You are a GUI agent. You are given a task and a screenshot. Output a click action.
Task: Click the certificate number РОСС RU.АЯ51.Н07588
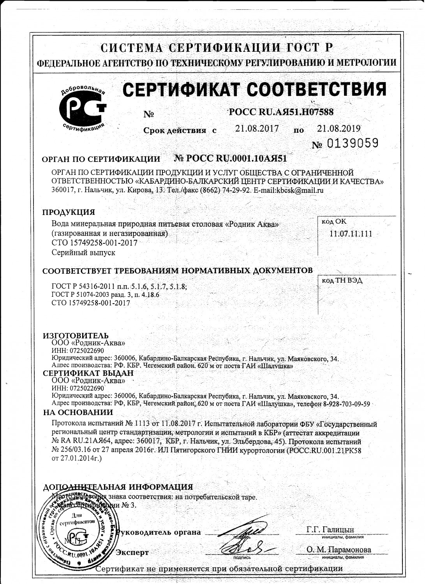(x=281, y=112)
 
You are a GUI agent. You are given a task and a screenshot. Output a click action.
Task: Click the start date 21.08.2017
(x=257, y=128)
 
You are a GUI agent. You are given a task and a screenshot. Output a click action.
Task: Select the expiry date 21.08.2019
(x=339, y=128)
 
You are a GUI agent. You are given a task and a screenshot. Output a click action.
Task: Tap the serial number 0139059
(x=352, y=144)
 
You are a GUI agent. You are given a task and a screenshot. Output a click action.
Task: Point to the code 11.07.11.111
(x=351, y=234)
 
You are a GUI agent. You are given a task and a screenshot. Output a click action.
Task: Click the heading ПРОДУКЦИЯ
(x=69, y=212)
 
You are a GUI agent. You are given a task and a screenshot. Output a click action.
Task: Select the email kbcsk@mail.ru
(x=300, y=190)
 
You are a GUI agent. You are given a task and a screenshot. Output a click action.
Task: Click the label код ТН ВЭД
(x=342, y=280)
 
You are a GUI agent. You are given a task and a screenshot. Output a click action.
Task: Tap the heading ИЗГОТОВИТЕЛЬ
(x=76, y=336)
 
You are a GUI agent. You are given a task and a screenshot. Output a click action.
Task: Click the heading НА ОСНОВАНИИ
(x=78, y=412)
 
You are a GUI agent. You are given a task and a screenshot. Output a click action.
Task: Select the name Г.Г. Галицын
(x=330, y=529)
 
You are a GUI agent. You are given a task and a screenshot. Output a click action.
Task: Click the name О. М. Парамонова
(x=339, y=550)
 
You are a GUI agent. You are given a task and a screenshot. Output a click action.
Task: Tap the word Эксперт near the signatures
(x=132, y=552)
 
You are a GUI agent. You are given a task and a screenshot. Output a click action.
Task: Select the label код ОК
(x=334, y=222)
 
